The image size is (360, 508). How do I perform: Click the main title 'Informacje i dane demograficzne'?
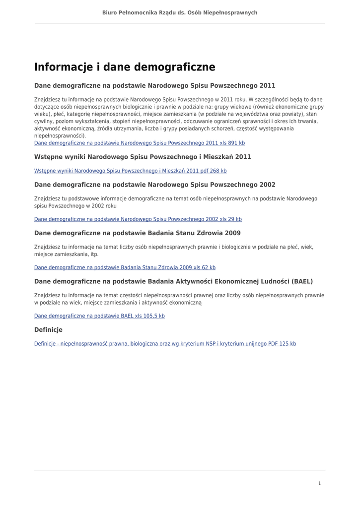click(x=125, y=67)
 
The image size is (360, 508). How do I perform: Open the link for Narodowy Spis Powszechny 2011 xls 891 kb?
click(x=140, y=143)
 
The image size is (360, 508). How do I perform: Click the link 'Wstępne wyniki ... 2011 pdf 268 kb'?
click(x=130, y=171)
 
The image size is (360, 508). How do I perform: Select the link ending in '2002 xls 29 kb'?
click(x=138, y=219)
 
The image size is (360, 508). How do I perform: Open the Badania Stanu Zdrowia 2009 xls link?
click(x=125, y=267)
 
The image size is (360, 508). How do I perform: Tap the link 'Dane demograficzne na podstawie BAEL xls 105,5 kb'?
click(x=99, y=316)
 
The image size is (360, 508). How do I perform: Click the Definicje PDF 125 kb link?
click(x=165, y=343)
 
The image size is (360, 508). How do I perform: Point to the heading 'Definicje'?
click(x=48, y=330)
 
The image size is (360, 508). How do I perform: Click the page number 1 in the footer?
click(x=319, y=483)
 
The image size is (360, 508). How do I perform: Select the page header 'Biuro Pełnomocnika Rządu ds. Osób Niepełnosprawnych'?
click(x=180, y=12)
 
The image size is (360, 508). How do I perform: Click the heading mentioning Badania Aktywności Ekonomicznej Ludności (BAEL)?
click(x=173, y=281)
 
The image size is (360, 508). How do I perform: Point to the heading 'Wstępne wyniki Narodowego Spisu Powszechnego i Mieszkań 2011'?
click(x=143, y=157)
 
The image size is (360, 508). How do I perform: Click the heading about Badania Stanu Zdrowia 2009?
click(x=137, y=233)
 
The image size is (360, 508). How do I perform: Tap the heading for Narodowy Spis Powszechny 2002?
click(x=154, y=185)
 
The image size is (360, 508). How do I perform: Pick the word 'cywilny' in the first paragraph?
click(x=43, y=121)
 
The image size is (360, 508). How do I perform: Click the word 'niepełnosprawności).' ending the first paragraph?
click(x=60, y=135)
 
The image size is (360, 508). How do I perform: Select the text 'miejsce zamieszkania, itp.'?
click(x=67, y=254)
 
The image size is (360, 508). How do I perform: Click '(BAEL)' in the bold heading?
click(x=302, y=281)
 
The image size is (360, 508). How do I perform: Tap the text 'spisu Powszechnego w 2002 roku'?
click(x=75, y=205)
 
